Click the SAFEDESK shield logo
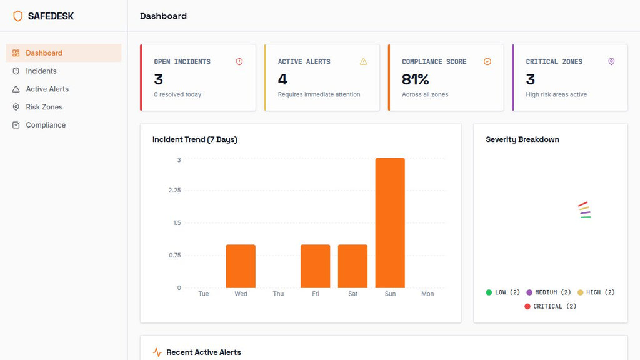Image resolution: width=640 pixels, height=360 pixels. coord(17,16)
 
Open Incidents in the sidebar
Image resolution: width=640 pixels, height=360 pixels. coord(41,71)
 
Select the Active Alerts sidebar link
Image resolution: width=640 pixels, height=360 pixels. coord(47,89)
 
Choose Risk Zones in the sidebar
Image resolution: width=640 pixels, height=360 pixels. coord(44,107)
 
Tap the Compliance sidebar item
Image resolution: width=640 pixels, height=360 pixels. coord(46,125)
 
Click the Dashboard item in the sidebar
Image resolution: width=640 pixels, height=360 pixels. coord(44,53)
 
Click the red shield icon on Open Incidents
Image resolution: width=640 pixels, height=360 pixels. coord(239,62)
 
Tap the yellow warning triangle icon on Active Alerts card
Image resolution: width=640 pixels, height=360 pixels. coord(363,62)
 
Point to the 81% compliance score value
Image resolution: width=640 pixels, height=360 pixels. coord(416,79)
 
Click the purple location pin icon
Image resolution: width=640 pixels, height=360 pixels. coord(611,62)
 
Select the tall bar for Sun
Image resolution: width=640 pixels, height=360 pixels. coord(390,223)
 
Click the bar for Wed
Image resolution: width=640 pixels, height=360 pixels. coord(241,266)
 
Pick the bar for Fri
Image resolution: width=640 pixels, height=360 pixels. coord(315,266)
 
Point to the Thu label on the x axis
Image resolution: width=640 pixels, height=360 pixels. coord(278,294)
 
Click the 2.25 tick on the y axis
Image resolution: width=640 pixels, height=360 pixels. coord(174,191)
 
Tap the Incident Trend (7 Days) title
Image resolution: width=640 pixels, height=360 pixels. coord(195,139)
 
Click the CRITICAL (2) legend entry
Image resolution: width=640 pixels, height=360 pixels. coord(551,306)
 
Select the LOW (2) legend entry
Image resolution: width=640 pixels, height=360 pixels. coord(503,292)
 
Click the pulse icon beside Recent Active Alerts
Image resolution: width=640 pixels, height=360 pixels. coord(157,352)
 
